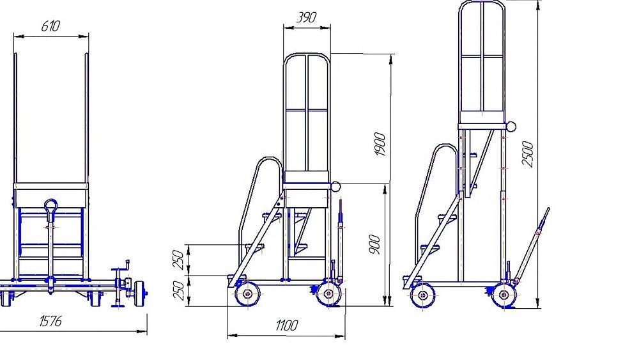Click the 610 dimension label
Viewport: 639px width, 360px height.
[50, 26]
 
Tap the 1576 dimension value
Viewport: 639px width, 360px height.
[50, 321]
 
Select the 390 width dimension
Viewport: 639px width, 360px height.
[306, 17]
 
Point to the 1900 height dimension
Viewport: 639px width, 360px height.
[380, 144]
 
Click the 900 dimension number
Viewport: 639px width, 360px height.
[374, 245]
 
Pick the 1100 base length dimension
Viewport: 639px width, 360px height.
[286, 325]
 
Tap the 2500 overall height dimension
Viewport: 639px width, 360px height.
[528, 154]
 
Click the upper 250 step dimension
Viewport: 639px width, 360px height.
[180, 260]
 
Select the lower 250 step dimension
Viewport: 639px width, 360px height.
[180, 290]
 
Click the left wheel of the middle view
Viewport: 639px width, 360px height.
[247, 294]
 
